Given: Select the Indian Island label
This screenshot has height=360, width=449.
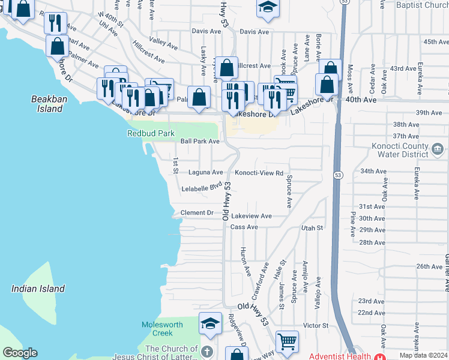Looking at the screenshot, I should click(x=38, y=289).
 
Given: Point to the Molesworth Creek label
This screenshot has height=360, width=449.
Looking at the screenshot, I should click(x=161, y=329).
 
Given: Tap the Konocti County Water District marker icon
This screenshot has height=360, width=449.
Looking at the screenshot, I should click(x=437, y=148).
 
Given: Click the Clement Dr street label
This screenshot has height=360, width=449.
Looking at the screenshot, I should click(x=197, y=213).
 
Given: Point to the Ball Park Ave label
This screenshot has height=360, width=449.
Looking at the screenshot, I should click(x=200, y=142).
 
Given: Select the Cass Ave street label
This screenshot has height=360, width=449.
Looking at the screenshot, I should click(x=244, y=227).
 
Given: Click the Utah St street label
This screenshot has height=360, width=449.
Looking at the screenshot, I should click(x=312, y=228).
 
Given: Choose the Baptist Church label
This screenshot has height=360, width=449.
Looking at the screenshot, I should click(x=423, y=5).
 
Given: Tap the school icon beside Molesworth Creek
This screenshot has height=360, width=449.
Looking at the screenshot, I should click(x=210, y=324).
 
